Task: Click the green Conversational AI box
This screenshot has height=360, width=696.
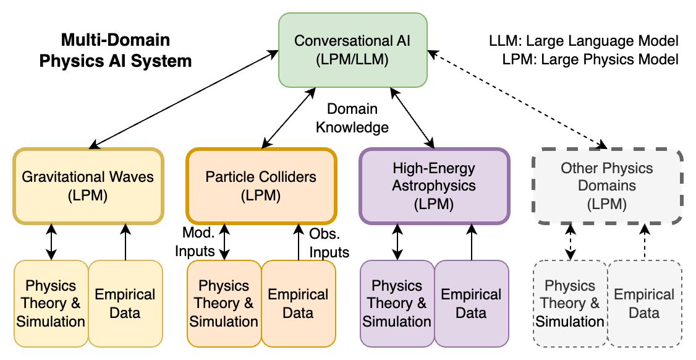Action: (x=352, y=51)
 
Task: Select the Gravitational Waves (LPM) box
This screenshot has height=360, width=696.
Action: (x=88, y=186)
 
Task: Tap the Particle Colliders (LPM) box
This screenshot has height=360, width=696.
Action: (x=261, y=186)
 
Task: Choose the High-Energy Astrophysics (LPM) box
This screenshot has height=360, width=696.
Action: (x=434, y=186)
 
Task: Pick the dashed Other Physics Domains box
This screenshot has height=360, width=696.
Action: (x=607, y=186)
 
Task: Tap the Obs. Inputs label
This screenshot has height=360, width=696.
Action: (x=329, y=243)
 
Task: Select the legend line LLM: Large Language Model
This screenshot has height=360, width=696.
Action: (x=584, y=41)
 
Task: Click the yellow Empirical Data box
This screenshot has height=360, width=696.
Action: (x=125, y=304)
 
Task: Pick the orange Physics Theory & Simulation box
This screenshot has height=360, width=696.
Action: (x=224, y=304)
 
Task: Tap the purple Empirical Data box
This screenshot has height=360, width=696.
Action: (x=471, y=304)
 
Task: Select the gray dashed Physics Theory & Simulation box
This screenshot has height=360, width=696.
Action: (x=570, y=304)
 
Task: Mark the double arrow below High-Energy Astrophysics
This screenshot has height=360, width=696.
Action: (x=397, y=242)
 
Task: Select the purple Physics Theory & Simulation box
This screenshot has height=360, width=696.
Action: (x=397, y=304)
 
